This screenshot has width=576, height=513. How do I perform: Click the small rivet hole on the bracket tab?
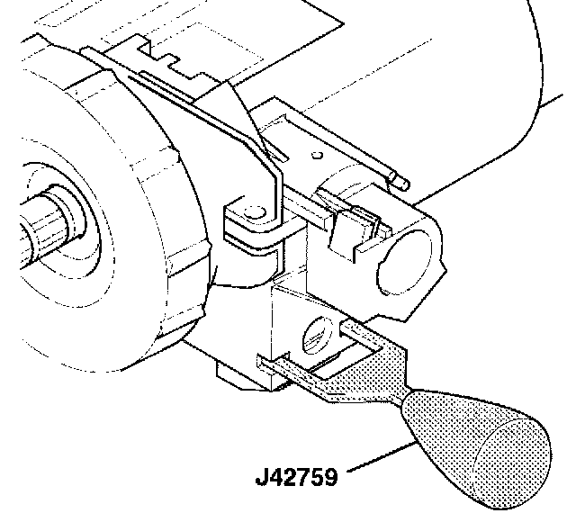click(x=255, y=212)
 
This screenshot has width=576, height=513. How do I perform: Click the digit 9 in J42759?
click(x=329, y=477)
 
